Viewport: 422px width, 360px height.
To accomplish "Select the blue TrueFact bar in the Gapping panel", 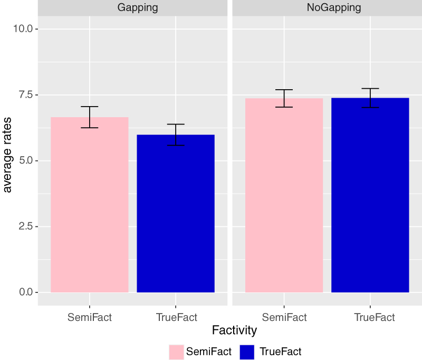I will (176, 213).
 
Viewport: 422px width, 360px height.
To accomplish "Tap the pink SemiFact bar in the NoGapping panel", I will (284, 195).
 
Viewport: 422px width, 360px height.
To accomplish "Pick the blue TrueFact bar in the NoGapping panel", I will (370, 195).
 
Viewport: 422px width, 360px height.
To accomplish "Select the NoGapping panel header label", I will (327, 7).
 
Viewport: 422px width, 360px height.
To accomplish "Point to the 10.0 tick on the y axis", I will (22, 29).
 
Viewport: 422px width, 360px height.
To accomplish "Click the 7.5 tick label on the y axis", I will (25, 94).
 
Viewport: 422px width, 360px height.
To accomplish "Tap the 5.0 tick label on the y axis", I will (25, 160).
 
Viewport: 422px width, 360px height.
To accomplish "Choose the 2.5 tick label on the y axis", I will (25, 226).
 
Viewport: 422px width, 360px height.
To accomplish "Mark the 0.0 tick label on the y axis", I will (25, 292).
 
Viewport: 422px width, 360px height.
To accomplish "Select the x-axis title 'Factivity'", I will (234, 330).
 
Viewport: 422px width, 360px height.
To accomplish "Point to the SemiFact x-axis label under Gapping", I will (90, 317).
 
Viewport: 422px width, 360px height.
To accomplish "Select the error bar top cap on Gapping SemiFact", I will (90, 107).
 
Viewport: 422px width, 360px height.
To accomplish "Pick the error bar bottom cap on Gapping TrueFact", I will (176, 145).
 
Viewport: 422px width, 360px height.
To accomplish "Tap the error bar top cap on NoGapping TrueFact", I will (370, 89).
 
